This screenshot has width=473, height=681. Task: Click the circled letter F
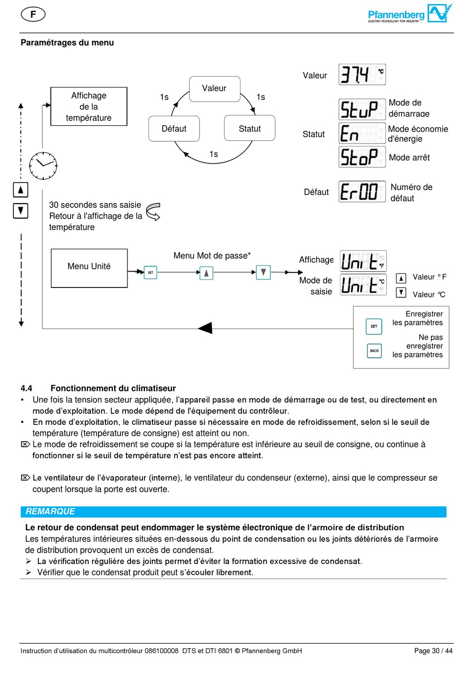pos(33,14)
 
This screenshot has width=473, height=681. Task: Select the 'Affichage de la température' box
pos(89,106)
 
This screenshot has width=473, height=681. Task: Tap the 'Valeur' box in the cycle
pos(215,89)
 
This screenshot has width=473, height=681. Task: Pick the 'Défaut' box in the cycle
pos(174,129)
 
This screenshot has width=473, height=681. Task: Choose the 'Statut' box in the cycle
pos(249,129)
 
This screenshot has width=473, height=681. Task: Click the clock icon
pos(43,166)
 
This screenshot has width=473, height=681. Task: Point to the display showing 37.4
pos(362,75)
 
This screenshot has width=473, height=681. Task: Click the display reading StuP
pos(362,109)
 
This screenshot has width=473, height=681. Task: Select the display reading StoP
pos(362,157)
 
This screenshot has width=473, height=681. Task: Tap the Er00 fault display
pos(362,192)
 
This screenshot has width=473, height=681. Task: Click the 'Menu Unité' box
pos(89,268)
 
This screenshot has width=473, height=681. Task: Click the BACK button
pos(374,351)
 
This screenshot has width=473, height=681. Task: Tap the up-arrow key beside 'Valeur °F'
pos(401,278)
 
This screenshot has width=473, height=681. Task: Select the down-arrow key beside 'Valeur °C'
pos(401,292)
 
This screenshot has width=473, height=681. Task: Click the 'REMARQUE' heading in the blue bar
pos(50,511)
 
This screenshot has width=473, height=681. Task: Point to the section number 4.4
pos(26,389)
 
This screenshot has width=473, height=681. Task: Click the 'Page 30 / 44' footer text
pos(433,651)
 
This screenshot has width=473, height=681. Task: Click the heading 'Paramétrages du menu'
pos(67,43)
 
